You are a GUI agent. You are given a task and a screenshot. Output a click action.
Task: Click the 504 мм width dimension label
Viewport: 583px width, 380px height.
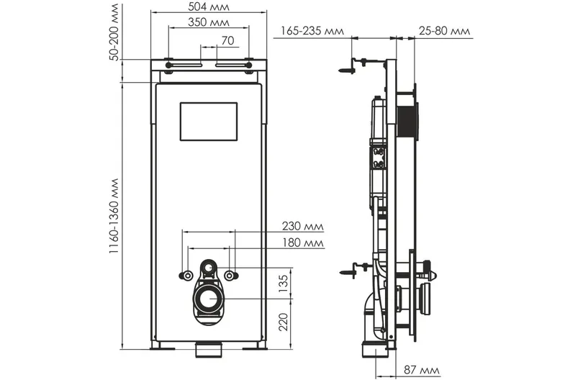coord(209,6)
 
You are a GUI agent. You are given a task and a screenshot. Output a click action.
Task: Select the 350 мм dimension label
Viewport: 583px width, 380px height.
coord(209,22)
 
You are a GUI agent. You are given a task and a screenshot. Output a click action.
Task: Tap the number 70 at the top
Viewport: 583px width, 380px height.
coord(227,40)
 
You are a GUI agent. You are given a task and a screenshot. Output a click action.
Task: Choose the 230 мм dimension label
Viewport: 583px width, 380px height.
coord(302,226)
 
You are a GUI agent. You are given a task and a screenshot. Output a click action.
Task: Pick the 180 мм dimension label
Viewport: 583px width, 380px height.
coord(302,243)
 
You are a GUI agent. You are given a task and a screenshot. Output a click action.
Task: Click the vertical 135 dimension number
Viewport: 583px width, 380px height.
coord(284,284)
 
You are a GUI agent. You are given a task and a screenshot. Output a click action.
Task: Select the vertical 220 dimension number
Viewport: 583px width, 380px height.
coord(284,322)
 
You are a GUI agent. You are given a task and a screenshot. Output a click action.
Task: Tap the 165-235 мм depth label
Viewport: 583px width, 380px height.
coord(312,30)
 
